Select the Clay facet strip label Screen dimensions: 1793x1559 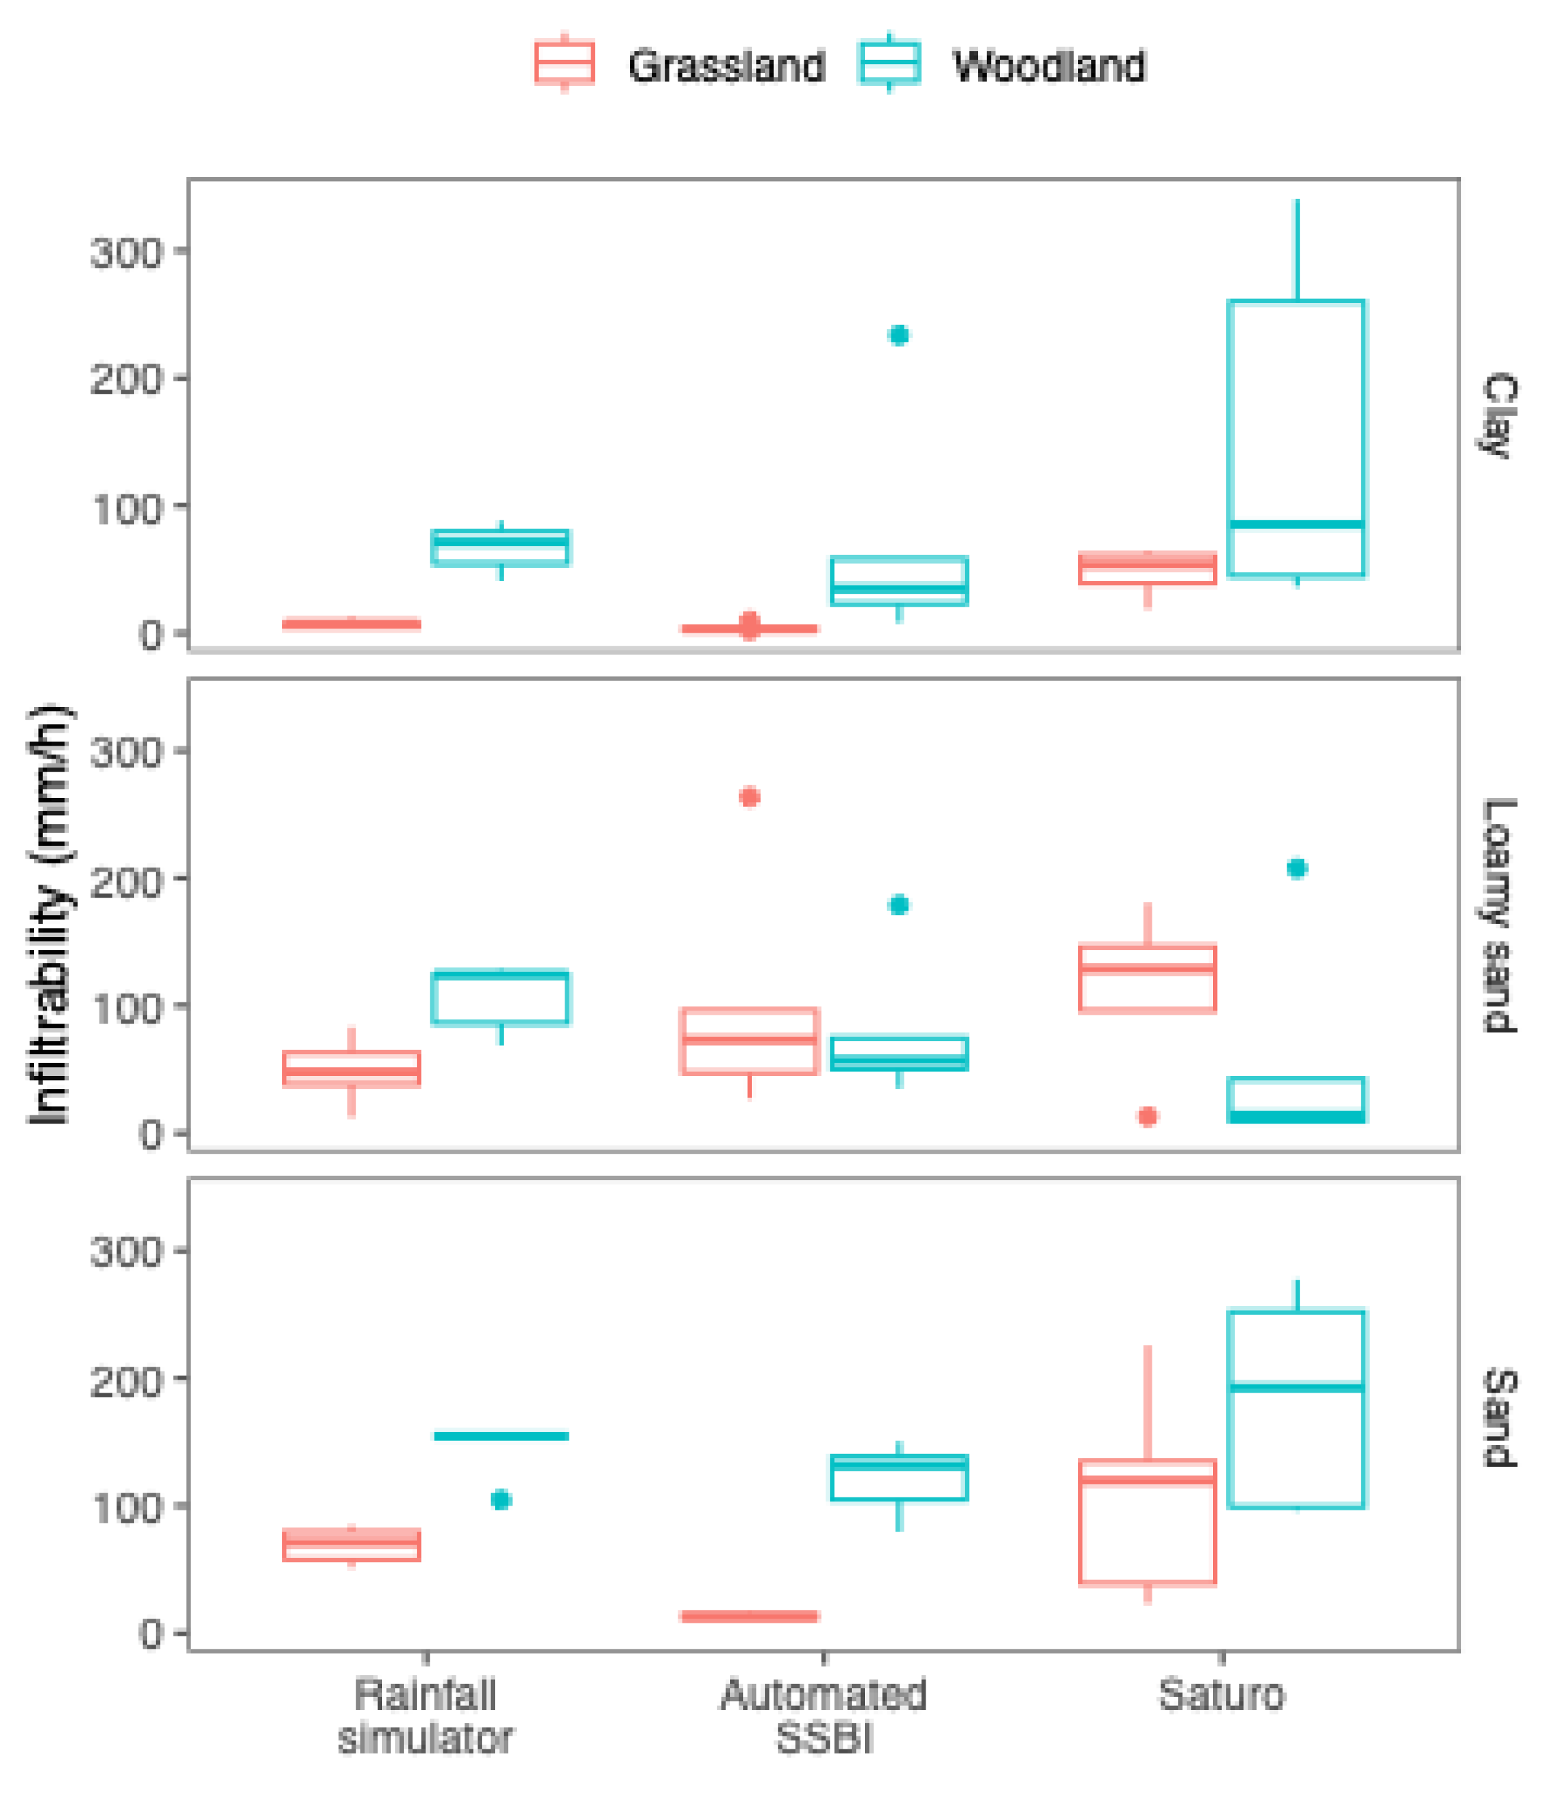click(x=1498, y=415)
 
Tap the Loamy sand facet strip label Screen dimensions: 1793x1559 click(x=1498, y=915)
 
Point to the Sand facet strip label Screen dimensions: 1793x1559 click(x=1498, y=1417)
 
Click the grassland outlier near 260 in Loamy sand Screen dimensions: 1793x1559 click(x=749, y=797)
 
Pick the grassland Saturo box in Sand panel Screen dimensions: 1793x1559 click(x=1147, y=1531)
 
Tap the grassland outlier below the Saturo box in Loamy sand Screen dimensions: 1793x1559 click(x=1147, y=1116)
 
